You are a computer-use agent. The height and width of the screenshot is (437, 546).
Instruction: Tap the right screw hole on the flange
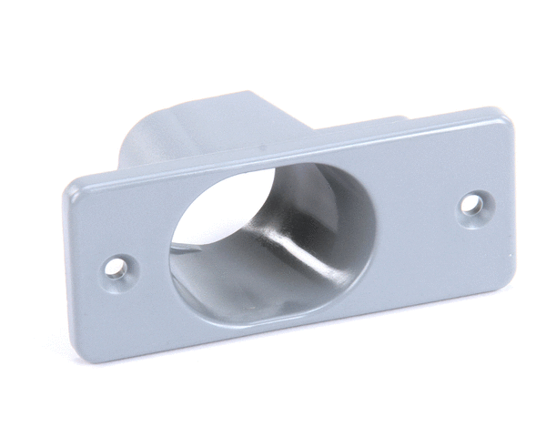471,204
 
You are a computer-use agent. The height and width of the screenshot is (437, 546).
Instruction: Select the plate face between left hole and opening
146,246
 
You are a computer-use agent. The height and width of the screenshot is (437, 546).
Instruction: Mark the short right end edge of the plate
520,191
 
